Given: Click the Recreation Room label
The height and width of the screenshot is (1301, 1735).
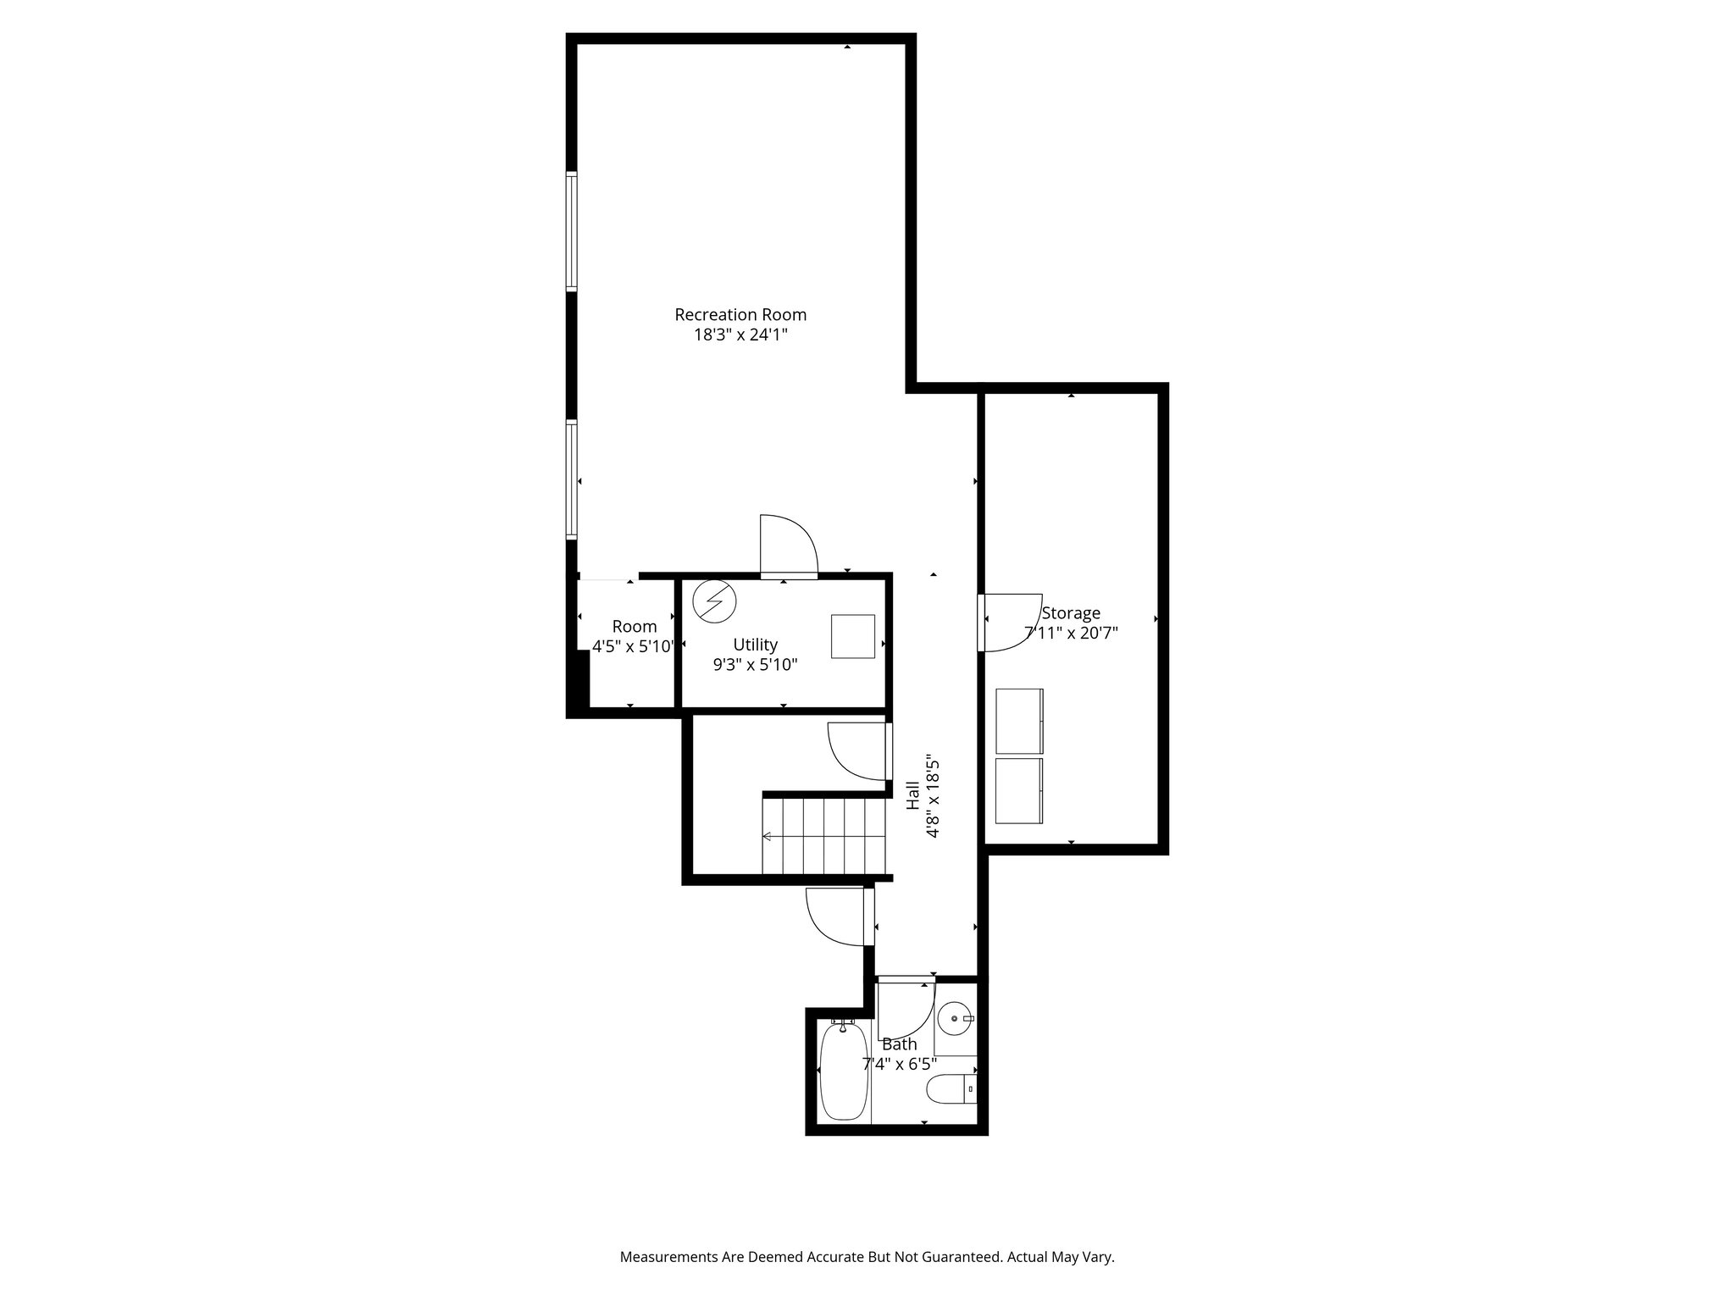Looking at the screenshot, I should click(740, 314).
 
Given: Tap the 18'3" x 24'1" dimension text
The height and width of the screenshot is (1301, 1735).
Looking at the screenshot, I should click(740, 335).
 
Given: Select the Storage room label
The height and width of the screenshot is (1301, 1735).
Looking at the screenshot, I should click(1071, 612).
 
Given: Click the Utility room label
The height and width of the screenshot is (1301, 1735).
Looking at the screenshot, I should click(755, 645).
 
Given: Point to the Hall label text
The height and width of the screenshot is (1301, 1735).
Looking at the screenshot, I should click(913, 795).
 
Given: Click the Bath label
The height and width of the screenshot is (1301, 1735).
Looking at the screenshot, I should click(899, 1044).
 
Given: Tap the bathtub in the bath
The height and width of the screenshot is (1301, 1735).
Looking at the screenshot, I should click(844, 1071).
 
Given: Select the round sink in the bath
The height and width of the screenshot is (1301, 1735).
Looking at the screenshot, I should click(955, 1017).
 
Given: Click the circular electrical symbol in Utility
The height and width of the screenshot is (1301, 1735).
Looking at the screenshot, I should click(714, 601).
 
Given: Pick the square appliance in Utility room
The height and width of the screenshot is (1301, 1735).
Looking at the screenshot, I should click(852, 636).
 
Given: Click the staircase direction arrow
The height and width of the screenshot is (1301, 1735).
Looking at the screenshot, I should click(767, 837).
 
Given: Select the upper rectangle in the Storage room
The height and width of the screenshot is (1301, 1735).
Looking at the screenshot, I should click(1019, 721).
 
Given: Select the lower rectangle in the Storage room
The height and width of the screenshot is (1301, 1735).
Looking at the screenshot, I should click(1019, 790).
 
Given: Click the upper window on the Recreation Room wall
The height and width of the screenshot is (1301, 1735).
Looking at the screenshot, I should click(572, 231).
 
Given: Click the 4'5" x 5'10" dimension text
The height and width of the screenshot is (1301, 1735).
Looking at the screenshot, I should click(634, 647).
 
